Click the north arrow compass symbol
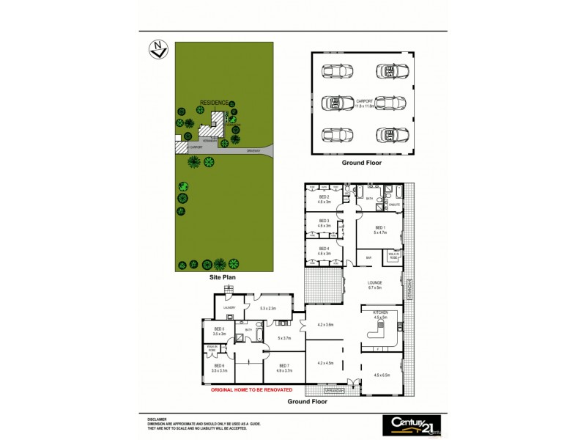tap(156, 51)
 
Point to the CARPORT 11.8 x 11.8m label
tap(364, 104)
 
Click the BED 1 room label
tap(379, 230)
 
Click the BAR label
tap(369, 258)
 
